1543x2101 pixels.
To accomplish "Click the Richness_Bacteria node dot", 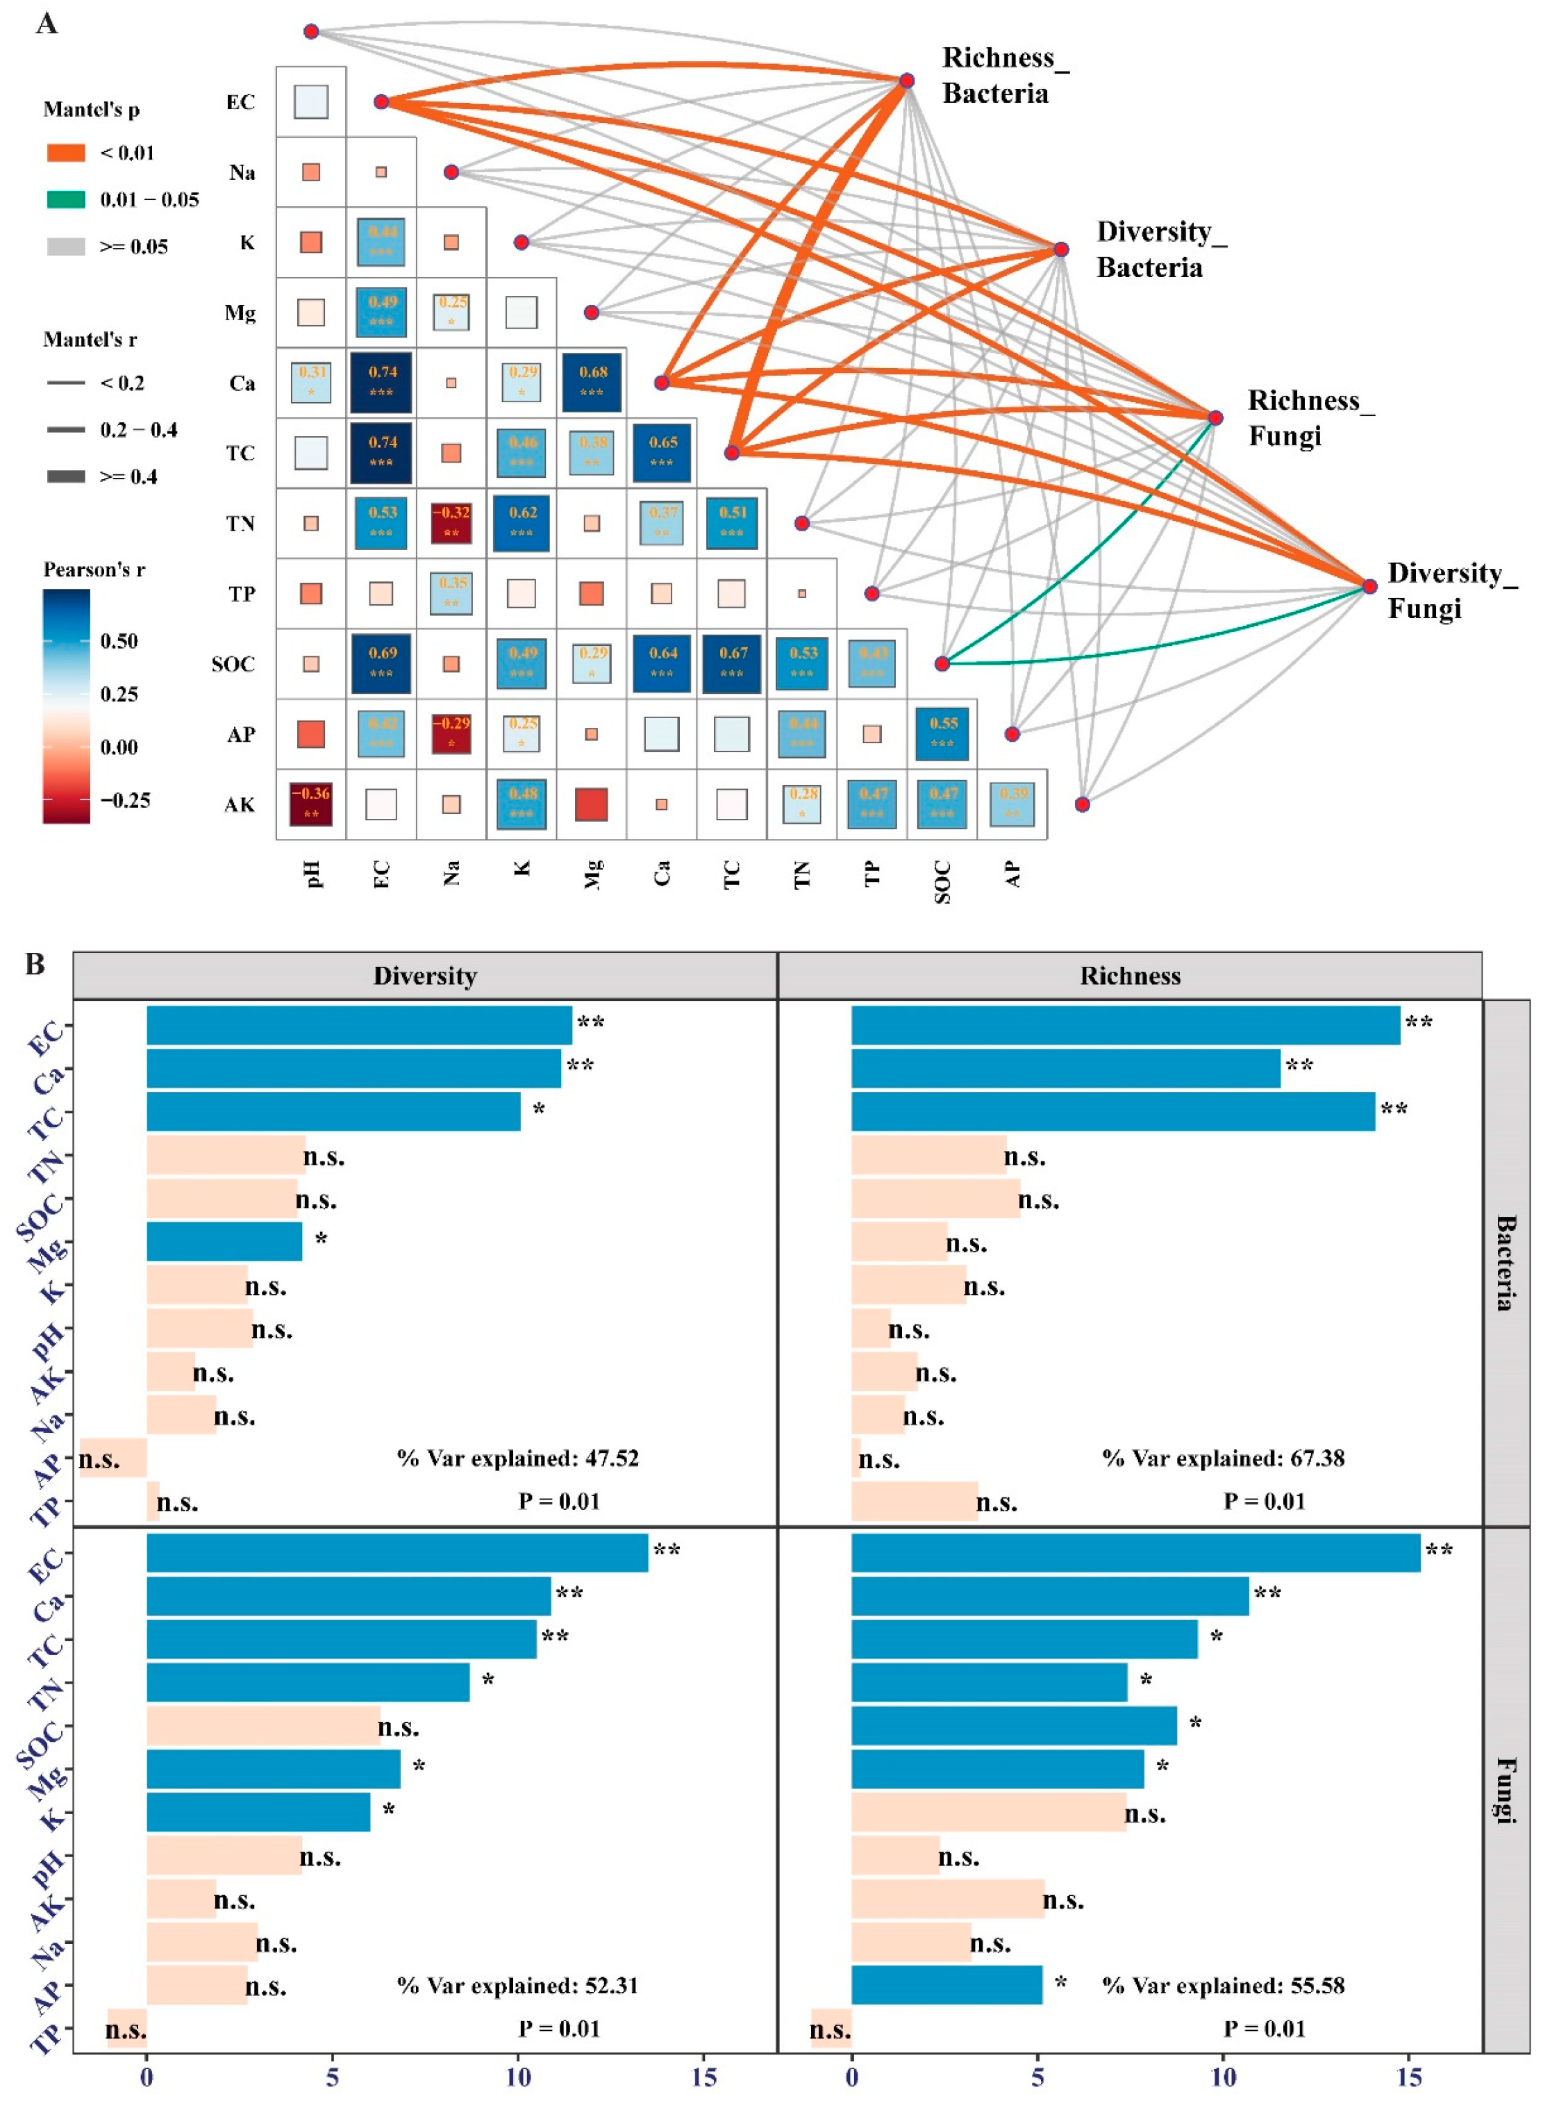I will [906, 81].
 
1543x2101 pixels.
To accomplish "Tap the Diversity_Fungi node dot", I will [1369, 587].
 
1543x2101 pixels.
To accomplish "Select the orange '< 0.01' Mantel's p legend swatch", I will [65, 152].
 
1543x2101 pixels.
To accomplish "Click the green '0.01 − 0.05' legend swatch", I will [65, 199].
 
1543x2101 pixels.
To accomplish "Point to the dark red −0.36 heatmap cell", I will [311, 804].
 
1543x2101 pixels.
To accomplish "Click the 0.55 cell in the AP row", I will [942, 734].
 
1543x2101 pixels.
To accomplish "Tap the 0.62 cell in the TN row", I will [522, 523].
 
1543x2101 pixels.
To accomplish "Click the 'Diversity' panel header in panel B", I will [425, 977].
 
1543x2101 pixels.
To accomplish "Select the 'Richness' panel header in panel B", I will [1130, 977].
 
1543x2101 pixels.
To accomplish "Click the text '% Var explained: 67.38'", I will [1224, 1459].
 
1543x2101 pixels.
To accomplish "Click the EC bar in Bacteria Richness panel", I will [1126, 1025].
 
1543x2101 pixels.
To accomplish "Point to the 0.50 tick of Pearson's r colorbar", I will [119, 641].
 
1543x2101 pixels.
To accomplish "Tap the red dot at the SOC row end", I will [942, 663].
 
